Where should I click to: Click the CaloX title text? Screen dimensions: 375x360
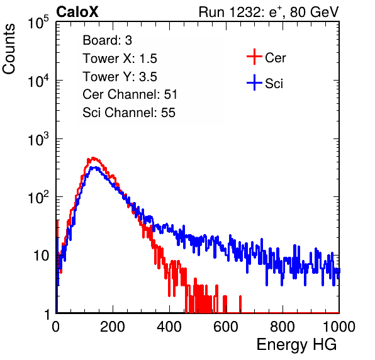coord(77,12)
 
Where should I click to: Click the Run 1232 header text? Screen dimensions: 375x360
coord(269,12)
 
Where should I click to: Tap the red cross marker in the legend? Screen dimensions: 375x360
coord(254,57)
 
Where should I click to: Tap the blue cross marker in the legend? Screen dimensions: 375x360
coord(254,82)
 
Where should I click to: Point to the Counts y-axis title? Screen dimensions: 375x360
coord(9,49)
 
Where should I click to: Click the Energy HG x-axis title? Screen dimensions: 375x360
coord(296,345)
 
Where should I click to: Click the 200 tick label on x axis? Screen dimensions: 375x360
coord(113,327)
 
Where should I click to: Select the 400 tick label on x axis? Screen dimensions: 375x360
coord(169,327)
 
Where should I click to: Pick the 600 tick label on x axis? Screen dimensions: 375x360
coord(226,327)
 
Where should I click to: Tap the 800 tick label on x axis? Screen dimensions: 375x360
coord(283,327)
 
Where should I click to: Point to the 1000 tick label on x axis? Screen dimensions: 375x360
coord(339,327)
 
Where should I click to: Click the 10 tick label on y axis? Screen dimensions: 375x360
coord(41,256)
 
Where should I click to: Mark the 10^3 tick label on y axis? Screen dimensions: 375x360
coord(38,138)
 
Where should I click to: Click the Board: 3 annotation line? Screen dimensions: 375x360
coord(108,40)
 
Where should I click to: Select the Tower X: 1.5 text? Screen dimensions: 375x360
coord(120,59)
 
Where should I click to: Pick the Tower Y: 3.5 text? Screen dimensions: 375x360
coord(120,77)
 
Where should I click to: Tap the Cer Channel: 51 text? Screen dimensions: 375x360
coord(130,94)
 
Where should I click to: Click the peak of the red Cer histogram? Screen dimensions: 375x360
coord(93,158)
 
